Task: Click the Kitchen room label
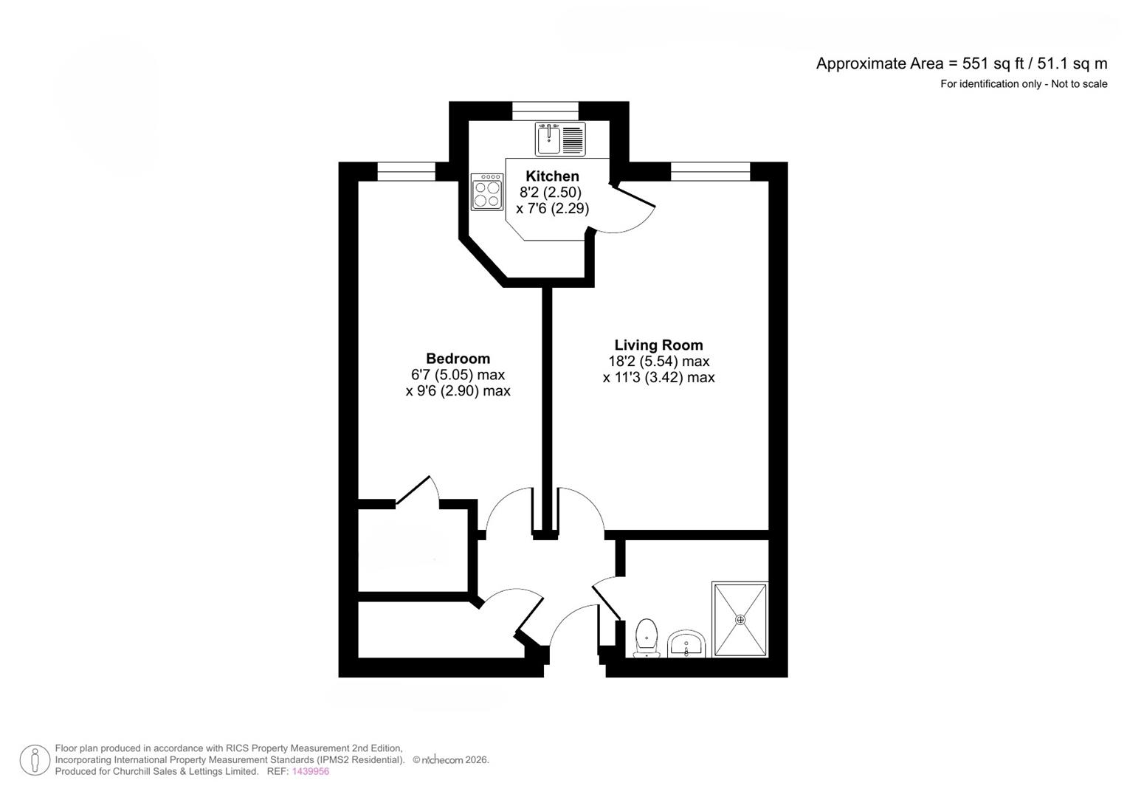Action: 552,176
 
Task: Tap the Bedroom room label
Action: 458,359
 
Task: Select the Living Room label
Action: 658,345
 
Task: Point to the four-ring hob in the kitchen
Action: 487,192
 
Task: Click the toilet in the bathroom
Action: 646,637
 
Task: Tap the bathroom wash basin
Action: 687,644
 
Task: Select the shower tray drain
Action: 740,620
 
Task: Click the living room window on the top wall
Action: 710,171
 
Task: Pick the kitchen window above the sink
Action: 545,111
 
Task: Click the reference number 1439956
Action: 311,772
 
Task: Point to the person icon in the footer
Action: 35,760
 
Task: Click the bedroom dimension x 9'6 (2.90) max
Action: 458,391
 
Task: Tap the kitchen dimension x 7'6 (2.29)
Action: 552,209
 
